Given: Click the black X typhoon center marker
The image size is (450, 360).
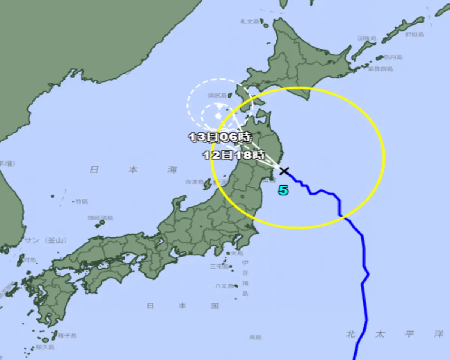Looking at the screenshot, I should pos(285,171).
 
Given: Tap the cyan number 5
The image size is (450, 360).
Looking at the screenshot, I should pos(283,190).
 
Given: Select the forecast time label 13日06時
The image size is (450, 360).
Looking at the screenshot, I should pos(220,137).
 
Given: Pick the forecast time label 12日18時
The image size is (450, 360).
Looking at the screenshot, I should pos(234,154).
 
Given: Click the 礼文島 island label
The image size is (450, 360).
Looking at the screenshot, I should pos(250,21).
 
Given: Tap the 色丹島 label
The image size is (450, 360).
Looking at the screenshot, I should pos(393,57).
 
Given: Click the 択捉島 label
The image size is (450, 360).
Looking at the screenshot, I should pos(414,34).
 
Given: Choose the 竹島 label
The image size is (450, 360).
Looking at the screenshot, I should pos(81,201).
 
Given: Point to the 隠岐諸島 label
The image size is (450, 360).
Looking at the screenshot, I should pos(100,218).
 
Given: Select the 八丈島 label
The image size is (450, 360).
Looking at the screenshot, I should pos(224,286).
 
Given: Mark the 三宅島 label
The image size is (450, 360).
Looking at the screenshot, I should pos(219,266).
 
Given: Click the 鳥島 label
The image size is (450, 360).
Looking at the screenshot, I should pos(255,337).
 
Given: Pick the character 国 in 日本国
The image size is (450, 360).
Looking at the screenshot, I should pos(214,306).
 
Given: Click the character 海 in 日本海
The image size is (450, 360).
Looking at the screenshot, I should pos(172,169).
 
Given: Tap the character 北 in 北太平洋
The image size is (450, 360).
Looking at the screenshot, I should pos(350,334).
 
